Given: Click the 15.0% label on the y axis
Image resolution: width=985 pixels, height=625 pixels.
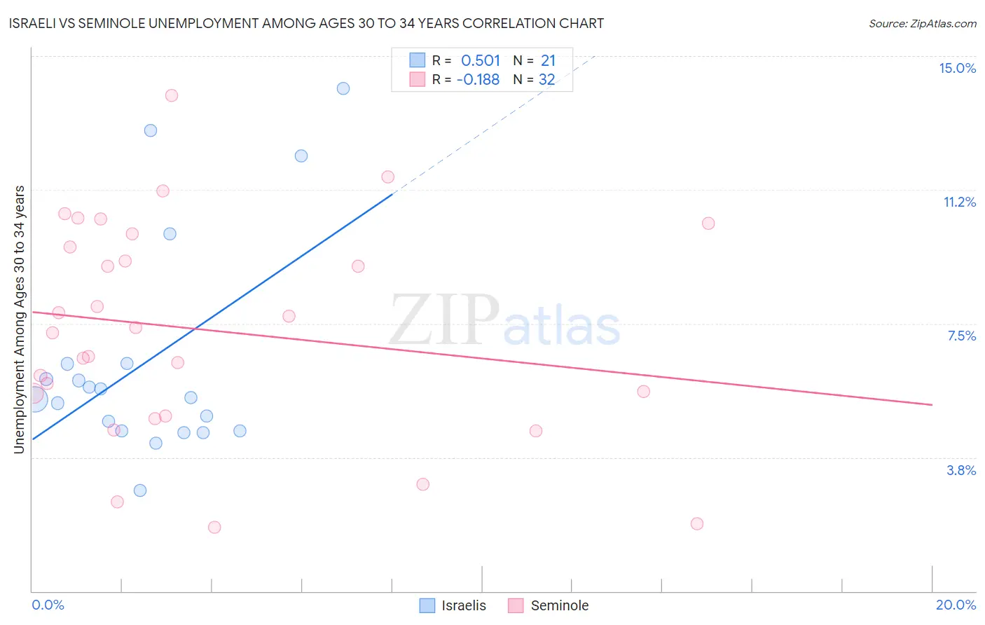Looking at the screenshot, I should (957, 68).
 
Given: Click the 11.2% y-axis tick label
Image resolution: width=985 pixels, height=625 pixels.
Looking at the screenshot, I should (959, 202).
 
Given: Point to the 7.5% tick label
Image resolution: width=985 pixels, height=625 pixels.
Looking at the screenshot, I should (961, 336).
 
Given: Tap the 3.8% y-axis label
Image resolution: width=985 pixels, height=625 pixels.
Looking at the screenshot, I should (961, 470).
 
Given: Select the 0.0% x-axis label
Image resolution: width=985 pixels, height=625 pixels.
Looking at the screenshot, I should (48, 605).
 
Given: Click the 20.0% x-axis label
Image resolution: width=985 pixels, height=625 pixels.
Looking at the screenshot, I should (956, 605).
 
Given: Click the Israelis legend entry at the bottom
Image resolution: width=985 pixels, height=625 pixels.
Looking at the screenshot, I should (463, 605).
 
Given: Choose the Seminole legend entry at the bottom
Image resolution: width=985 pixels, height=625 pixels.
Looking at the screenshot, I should (559, 605).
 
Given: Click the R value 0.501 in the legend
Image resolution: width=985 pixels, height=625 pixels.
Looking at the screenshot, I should (481, 61).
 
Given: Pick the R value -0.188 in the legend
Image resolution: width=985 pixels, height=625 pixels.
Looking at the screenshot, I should (478, 80).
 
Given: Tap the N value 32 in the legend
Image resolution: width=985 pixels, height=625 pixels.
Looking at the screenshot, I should (546, 80).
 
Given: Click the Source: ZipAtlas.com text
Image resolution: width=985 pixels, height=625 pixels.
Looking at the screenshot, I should (922, 24).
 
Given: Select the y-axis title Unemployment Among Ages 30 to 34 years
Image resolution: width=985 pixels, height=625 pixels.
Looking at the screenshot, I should (20, 320).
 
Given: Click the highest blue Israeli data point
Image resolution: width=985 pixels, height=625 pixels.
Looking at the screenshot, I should (343, 88).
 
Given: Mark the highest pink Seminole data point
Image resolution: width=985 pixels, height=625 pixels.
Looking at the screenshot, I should (172, 95).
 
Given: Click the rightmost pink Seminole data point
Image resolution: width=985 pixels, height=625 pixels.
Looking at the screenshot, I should (708, 224).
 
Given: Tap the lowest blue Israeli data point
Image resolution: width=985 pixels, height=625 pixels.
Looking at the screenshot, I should (140, 490).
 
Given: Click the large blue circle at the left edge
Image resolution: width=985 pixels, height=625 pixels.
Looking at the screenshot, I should (35, 399).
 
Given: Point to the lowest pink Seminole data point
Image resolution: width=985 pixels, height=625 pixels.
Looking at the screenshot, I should (214, 527).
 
